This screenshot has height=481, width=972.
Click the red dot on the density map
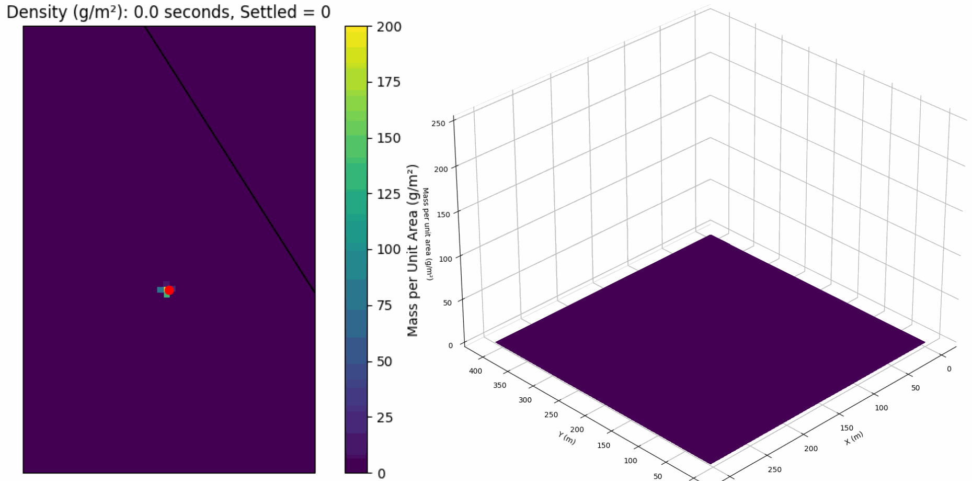tap(169, 290)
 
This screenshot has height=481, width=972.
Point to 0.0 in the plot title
tap(144, 12)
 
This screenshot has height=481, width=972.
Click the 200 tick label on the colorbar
tap(389, 27)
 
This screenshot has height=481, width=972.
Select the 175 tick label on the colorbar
tap(389, 82)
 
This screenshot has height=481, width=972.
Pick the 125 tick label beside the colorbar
tap(389, 194)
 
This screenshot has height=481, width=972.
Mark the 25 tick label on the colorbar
tap(385, 418)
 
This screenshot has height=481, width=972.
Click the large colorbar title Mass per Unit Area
tap(413, 250)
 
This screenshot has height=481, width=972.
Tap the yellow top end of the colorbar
tap(356, 32)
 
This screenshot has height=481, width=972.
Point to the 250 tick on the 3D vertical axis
tap(439, 124)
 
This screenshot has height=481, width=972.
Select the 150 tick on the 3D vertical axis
tap(443, 215)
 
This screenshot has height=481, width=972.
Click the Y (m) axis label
tap(566, 438)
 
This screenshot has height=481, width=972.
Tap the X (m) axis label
tap(853, 438)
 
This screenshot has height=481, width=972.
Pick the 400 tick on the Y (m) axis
tap(475, 371)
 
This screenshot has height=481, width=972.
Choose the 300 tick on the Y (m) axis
tap(525, 400)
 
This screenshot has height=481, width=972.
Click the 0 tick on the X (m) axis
tap(949, 369)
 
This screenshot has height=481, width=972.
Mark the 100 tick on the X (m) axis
tap(881, 408)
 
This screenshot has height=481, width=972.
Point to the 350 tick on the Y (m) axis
tap(499, 385)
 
